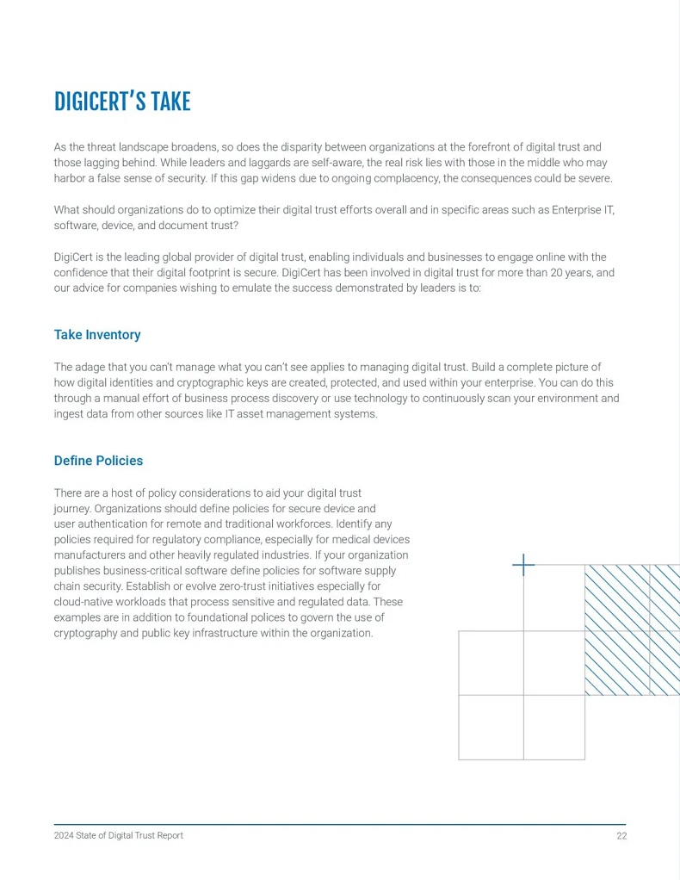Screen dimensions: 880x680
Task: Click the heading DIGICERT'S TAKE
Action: [122, 102]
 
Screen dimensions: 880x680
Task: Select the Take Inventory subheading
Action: [97, 334]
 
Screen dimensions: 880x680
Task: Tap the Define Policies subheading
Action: [98, 461]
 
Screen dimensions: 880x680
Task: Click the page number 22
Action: [621, 836]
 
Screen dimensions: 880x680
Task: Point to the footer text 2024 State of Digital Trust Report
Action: [119, 836]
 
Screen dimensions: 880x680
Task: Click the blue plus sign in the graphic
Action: [523, 565]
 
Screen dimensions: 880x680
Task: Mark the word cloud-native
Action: [86, 602]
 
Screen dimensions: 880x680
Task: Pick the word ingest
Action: [70, 413]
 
